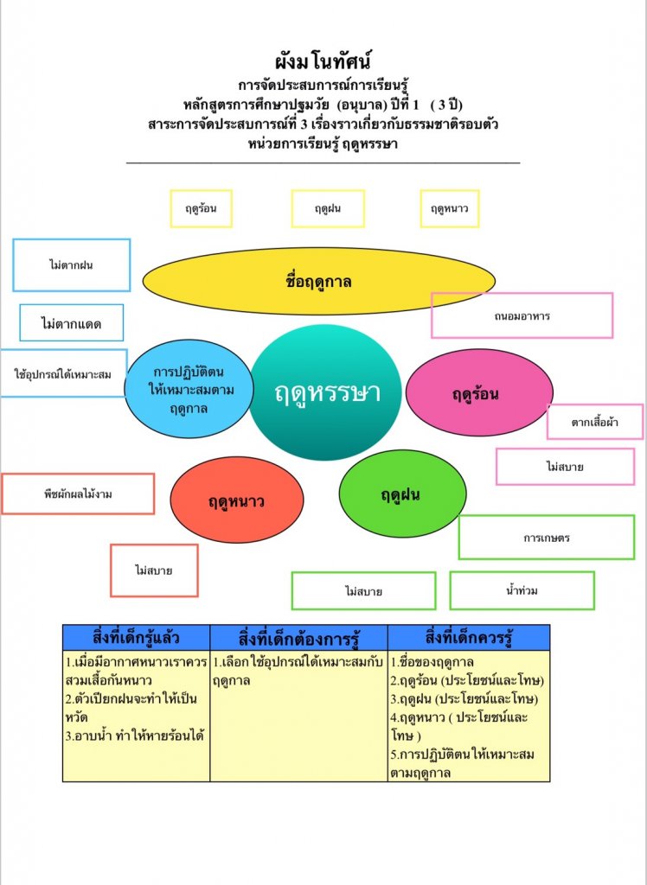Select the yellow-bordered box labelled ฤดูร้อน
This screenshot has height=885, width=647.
tap(201, 209)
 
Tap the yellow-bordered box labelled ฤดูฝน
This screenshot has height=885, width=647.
tap(328, 209)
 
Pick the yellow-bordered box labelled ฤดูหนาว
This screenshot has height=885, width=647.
tap(449, 209)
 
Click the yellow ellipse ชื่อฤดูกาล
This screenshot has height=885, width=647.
tap(318, 281)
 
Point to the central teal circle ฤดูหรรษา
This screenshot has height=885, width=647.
tap(327, 392)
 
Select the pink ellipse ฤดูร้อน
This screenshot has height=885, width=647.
tap(479, 393)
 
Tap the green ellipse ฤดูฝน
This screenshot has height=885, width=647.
tap(402, 494)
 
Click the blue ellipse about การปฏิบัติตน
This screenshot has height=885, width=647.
tap(189, 389)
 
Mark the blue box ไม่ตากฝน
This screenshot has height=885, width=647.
tap(71, 265)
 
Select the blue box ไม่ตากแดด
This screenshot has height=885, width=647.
tap(71, 324)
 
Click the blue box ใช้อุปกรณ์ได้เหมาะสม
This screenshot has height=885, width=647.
tap(63, 374)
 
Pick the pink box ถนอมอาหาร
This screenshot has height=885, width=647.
tap(522, 315)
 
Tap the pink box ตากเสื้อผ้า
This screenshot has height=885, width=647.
tap(594, 422)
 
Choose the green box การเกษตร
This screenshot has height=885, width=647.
tap(546, 538)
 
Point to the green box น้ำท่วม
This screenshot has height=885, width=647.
tap(522, 591)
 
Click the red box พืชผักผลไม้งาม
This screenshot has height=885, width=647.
tap(78, 494)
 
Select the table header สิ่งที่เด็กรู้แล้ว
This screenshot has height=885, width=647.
tap(136, 638)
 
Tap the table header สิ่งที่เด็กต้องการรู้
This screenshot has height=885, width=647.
tap(298, 638)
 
